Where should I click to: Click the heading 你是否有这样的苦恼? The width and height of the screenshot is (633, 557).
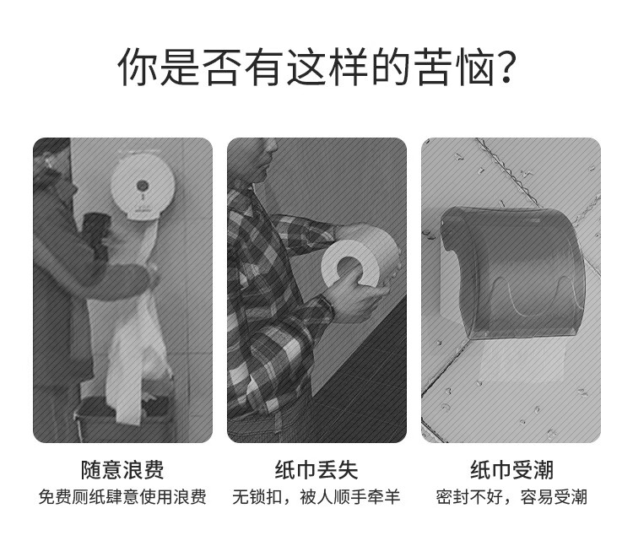316,67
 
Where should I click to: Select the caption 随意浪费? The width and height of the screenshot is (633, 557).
122,470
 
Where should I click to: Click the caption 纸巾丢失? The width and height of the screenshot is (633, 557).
316,470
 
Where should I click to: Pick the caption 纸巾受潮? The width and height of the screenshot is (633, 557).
511,470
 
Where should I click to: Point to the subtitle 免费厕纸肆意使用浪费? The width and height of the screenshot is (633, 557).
122,497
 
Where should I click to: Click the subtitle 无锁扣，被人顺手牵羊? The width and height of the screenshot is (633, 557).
316,497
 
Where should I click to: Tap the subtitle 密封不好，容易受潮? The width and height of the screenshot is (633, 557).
511,497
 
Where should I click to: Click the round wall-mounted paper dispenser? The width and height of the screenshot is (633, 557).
143,187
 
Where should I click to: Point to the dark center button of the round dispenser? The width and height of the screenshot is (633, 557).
142,186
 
